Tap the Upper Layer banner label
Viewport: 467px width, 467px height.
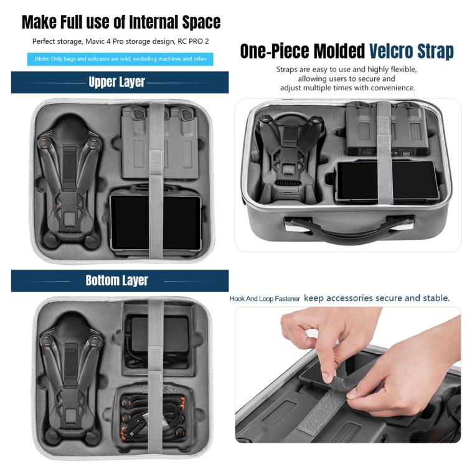tap(116, 82)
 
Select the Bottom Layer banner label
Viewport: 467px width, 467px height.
tap(116, 280)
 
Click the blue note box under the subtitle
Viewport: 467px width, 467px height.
tap(120, 59)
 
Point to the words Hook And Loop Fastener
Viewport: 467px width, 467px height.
tap(265, 299)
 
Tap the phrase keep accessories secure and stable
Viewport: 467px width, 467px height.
tap(377, 298)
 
